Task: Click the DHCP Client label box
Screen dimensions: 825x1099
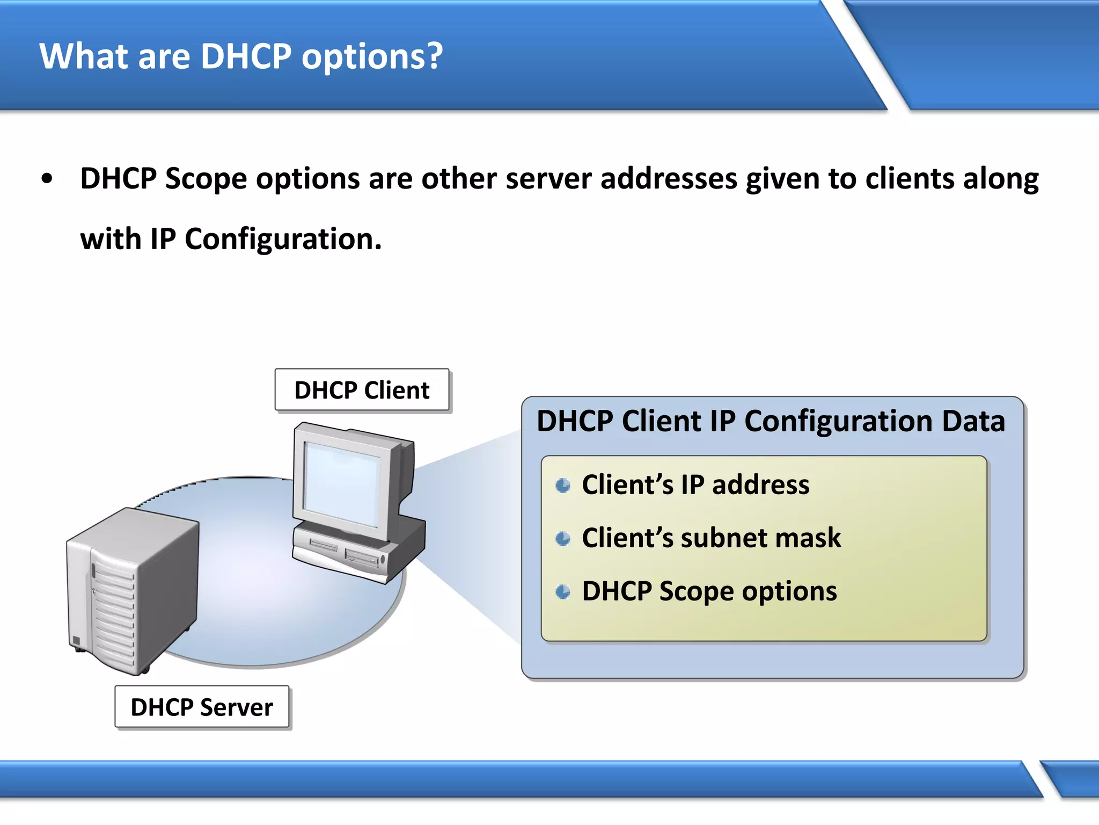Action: point(362,390)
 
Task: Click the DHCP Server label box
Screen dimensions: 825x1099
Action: point(202,707)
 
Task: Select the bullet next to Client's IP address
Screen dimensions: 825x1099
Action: point(563,486)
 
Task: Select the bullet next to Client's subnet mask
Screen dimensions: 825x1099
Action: point(563,538)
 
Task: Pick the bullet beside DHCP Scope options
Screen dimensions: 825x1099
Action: point(563,592)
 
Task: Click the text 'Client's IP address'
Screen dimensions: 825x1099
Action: point(695,484)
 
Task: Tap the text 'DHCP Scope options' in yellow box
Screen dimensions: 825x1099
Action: point(709,591)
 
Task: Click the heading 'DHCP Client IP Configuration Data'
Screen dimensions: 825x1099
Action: point(771,421)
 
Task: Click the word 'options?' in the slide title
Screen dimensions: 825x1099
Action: point(372,57)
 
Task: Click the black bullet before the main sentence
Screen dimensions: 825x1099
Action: point(47,179)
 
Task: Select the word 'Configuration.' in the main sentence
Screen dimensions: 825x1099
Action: point(283,239)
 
